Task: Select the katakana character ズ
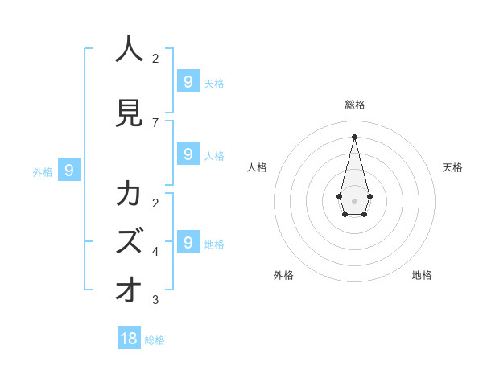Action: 129,242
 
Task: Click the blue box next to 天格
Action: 188,81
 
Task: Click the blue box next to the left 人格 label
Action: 188,154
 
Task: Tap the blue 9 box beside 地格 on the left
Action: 188,242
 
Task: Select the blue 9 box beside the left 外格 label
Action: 69,170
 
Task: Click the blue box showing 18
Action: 129,338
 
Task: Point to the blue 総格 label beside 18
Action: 155,340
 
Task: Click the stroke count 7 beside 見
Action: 155,122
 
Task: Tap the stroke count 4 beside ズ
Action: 155,252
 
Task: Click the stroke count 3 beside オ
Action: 155,300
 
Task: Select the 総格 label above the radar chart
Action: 355,105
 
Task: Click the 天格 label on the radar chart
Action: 452,167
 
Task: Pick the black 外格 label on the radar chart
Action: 283,275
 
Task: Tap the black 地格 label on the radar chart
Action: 422,275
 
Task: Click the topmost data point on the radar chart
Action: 354,136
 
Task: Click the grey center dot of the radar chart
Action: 354,200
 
